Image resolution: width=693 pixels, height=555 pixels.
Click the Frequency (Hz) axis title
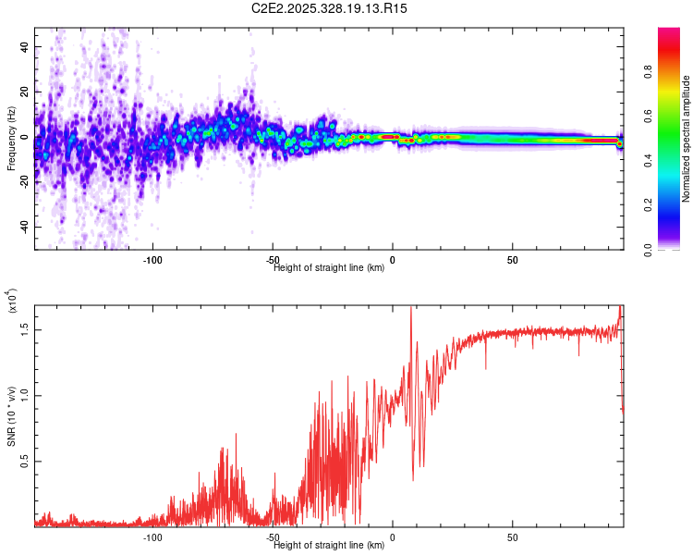[10, 139]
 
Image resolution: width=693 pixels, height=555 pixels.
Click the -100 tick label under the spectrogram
[153, 259]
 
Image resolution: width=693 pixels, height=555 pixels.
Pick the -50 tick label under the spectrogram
[274, 259]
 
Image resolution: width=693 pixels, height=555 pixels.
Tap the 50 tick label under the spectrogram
[512, 259]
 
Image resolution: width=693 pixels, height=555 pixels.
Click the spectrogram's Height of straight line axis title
[329, 268]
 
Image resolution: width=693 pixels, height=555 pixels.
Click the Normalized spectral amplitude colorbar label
[687, 139]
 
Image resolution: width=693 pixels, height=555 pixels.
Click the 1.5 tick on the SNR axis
[25, 329]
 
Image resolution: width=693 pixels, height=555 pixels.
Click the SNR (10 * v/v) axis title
[10, 416]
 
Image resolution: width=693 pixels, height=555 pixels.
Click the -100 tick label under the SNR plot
[153, 536]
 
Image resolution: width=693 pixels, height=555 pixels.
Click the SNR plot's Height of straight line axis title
[329, 546]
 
